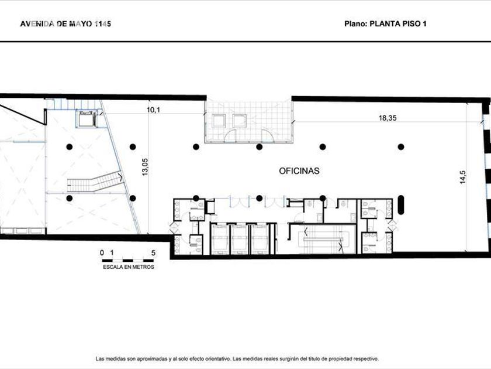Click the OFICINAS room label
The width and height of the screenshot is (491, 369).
click(x=299, y=171)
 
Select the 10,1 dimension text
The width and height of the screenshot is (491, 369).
click(x=153, y=110)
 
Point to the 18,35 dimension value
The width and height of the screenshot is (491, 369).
click(x=388, y=118)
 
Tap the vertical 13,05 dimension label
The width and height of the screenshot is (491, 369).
click(x=145, y=166)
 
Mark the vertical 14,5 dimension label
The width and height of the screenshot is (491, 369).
click(x=463, y=177)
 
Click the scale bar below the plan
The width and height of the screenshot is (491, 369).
click(x=128, y=260)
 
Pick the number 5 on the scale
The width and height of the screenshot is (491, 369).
click(x=153, y=253)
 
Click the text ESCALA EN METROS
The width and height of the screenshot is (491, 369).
click(x=129, y=267)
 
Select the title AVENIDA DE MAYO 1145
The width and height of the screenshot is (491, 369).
click(x=65, y=24)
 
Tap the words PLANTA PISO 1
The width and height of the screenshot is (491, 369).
click(x=398, y=24)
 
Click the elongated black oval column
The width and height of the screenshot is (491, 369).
click(x=401, y=205)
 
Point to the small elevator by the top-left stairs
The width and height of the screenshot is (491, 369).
click(x=87, y=118)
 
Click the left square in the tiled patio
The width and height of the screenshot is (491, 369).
click(x=219, y=121)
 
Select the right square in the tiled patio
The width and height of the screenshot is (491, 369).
click(x=239, y=121)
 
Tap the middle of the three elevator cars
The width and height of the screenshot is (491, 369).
click(x=240, y=239)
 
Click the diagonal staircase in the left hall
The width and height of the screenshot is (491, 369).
click(x=95, y=182)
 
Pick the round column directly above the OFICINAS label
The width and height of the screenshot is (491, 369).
click(x=260, y=146)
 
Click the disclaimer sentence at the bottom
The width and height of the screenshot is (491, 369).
click(x=237, y=358)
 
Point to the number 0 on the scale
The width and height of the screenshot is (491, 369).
click(x=102, y=253)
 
